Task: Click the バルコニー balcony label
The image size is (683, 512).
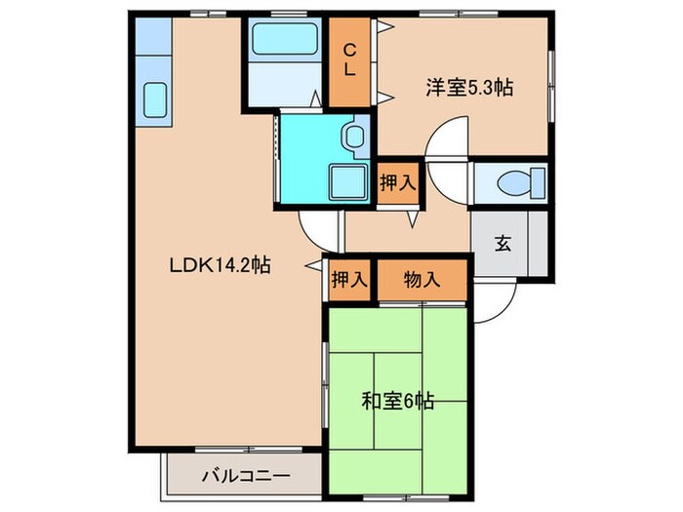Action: [245, 477]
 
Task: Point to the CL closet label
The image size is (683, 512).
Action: [349, 60]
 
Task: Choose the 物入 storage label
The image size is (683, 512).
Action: [422, 279]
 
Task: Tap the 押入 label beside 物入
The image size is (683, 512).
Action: [348, 279]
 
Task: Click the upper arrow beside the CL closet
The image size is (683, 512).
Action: [386, 26]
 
